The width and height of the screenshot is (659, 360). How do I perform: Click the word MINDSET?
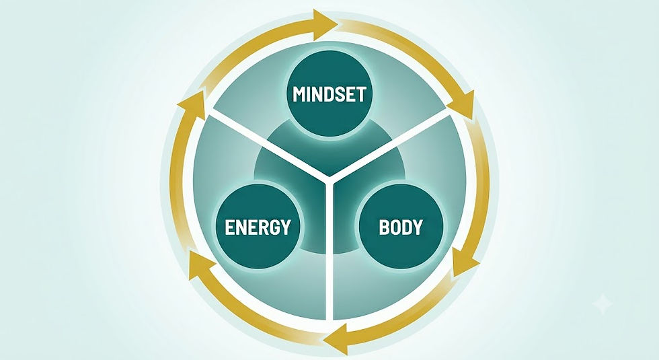click(329, 94)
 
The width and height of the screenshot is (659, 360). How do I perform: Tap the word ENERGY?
click(258, 227)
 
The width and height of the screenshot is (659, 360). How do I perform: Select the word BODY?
click(401, 227)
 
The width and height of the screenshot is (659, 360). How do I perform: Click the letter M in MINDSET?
click(299, 94)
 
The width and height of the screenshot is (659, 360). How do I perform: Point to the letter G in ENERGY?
click(274, 227)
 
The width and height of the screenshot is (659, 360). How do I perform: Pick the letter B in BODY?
click(384, 227)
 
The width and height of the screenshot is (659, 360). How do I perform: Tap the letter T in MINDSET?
click(362, 94)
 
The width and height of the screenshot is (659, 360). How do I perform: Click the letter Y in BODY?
click(418, 227)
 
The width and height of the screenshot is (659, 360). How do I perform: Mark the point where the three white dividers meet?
click(329, 180)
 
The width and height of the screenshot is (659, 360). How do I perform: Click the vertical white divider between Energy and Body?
click(329, 251)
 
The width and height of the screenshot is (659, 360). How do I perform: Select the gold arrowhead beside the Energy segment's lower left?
click(200, 264)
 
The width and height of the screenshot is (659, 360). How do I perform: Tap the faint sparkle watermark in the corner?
click(603, 303)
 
